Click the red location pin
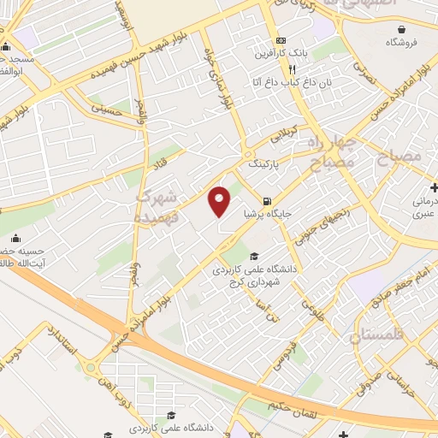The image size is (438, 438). point(220,201)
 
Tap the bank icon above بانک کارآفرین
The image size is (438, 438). point(281,41)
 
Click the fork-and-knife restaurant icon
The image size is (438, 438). point(292,69)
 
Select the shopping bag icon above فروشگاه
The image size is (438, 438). point(400,29)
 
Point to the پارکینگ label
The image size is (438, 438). point(262,161)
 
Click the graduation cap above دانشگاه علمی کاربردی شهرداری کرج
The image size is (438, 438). point(253,256)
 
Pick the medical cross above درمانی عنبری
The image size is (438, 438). point(433,187)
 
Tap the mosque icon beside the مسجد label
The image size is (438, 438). point(6,47)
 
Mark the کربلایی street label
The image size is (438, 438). point(282,136)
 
